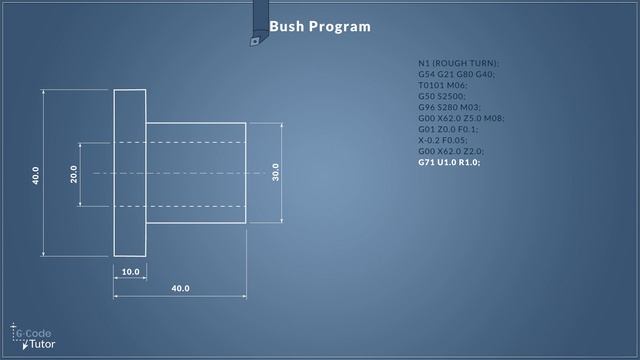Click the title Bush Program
pos(320,26)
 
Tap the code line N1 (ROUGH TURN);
pos(459,63)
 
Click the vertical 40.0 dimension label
pos(36,174)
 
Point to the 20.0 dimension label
pos(73,174)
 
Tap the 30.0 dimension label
pos(275,172)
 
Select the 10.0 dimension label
pos(130,272)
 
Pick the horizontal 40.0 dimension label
pos(180,289)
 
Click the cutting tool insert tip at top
pos(255,41)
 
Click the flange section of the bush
pos(130,172)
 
